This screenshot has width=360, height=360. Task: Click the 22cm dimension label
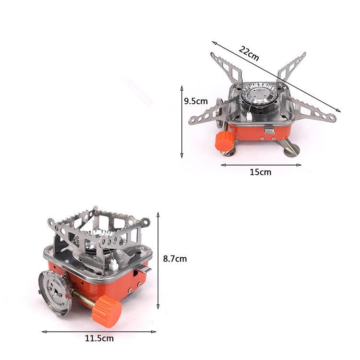coord(249,53)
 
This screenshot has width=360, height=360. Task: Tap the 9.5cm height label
coord(196,101)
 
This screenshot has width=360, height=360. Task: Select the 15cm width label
coord(260,172)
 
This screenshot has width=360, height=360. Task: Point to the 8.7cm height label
coord(175,259)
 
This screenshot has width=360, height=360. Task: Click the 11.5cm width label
coord(99,338)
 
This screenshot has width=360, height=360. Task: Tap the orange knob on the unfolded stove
coord(224,141)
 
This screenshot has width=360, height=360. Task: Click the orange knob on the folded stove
coord(107,312)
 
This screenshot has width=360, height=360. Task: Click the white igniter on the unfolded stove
coord(249,117)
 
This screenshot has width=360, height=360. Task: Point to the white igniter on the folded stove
coord(114,264)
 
